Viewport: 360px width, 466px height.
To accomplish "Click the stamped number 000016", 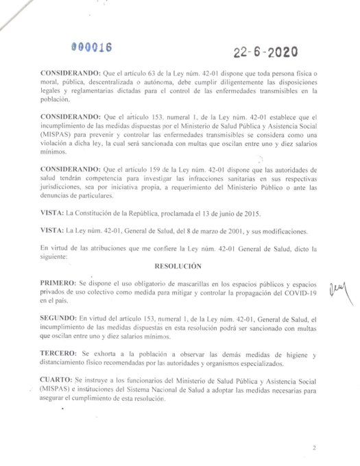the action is [93, 47].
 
